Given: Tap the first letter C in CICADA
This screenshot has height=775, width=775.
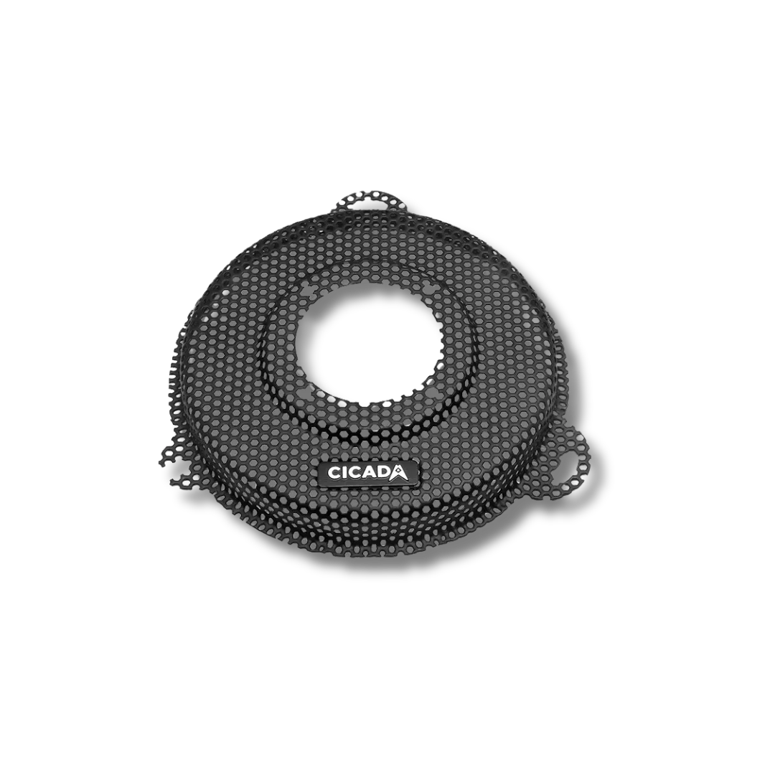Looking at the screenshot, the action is [x=329, y=472].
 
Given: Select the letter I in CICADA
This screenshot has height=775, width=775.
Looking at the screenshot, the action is [x=341, y=472].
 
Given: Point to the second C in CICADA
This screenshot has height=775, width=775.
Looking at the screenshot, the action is [x=352, y=472].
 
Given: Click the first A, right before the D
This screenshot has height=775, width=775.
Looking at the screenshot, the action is [x=367, y=472].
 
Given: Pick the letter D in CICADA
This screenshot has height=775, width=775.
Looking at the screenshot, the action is [x=382, y=472].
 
